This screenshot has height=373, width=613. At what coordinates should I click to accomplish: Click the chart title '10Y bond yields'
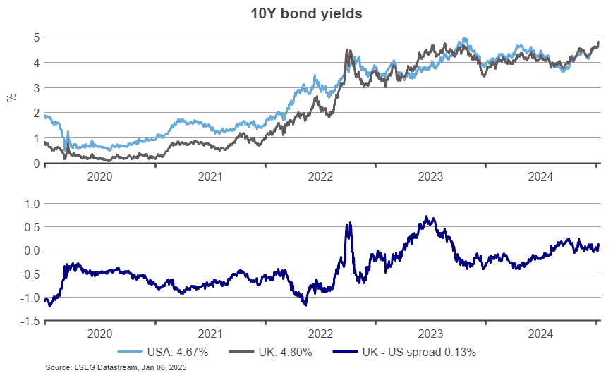(x=305, y=13)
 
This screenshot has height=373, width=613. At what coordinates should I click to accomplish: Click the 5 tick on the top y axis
(x=35, y=37)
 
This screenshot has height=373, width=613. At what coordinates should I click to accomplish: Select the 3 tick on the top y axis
(x=35, y=87)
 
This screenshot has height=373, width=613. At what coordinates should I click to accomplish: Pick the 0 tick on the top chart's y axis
(x=35, y=164)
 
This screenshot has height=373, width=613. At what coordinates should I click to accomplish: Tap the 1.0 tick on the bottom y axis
(x=31, y=204)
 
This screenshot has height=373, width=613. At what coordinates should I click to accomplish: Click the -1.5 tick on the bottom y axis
(x=30, y=322)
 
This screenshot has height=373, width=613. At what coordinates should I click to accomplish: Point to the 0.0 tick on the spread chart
(x=31, y=250)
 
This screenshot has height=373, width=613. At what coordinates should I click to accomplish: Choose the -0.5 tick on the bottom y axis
(x=30, y=274)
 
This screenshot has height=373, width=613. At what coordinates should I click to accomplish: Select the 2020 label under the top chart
(x=99, y=177)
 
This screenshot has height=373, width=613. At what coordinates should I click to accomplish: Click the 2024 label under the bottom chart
(x=541, y=334)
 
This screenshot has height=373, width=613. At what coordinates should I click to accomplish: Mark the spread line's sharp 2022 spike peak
(x=349, y=224)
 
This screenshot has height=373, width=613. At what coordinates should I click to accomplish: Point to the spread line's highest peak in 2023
(x=426, y=216)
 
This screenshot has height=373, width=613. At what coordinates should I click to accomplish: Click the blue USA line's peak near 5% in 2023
(x=463, y=38)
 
